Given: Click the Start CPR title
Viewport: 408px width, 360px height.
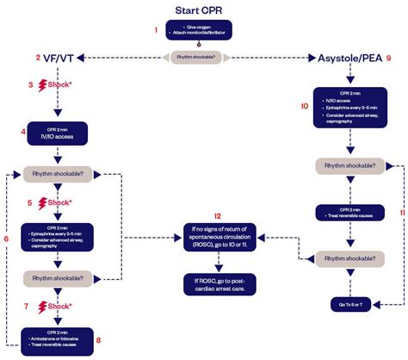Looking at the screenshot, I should pos(204,10).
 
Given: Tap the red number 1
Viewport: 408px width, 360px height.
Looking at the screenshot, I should pos(156,30).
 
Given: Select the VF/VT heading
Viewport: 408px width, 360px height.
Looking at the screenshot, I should pos(57,58).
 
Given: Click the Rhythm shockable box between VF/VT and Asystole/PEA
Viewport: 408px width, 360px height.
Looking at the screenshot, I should pos(204,58).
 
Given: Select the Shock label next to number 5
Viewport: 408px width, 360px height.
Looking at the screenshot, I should pos(63,202).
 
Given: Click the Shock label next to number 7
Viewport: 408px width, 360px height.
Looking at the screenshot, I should pos(63,306).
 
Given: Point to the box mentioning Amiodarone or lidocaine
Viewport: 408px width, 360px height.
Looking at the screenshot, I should pos(57,338).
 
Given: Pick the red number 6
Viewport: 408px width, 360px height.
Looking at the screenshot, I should pos(6,237).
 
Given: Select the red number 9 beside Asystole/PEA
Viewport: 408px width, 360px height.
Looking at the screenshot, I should pos(389,58).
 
